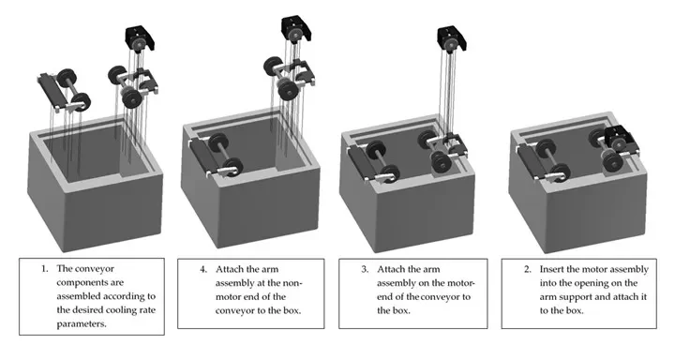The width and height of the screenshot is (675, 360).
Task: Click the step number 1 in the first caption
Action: click(x=44, y=269)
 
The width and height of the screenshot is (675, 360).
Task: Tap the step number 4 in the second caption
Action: click(x=203, y=270)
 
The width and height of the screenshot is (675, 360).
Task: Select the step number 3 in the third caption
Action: click(x=365, y=270)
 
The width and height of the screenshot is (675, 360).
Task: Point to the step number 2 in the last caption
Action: click(x=528, y=270)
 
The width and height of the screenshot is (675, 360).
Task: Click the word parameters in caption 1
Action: click(x=82, y=323)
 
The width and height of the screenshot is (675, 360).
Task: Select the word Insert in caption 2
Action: click(x=552, y=269)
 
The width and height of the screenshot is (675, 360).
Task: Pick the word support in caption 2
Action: click(x=575, y=297)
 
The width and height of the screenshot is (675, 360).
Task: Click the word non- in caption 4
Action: click(x=292, y=283)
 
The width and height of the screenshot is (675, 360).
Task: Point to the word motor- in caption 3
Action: click(x=459, y=283)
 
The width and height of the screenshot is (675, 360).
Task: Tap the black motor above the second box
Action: click(x=296, y=30)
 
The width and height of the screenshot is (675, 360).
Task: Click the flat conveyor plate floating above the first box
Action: click(x=50, y=90)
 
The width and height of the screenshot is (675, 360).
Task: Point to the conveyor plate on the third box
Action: click(x=361, y=162)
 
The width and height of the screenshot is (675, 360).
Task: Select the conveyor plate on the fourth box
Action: click(x=531, y=161)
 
